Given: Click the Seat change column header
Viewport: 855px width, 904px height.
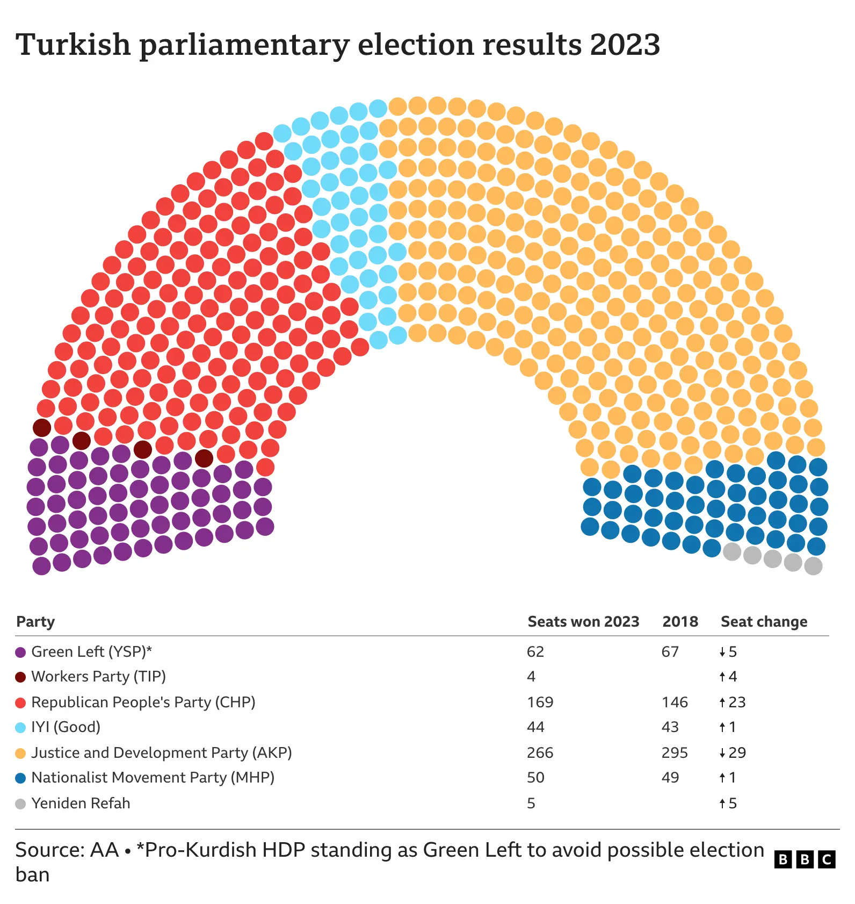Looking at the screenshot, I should click(x=763, y=621).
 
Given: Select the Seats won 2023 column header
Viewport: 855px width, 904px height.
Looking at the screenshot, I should click(x=583, y=621).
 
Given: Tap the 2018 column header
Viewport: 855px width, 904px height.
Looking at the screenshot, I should click(x=680, y=621).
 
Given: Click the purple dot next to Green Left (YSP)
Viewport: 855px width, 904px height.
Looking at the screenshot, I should click(x=20, y=652).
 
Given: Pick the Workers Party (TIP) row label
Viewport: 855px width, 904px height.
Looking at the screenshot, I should click(x=98, y=676).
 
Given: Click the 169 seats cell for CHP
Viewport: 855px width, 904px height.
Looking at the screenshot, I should click(x=540, y=702).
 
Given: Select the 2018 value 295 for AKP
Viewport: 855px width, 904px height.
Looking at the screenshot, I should click(x=675, y=752).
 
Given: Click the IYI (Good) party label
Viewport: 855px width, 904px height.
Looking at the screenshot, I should click(x=66, y=727).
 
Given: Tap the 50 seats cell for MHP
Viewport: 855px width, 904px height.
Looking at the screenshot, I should click(x=535, y=777).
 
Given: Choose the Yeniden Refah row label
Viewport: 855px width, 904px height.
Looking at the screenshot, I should click(x=81, y=803).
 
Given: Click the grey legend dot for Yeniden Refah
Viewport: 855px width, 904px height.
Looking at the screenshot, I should click(x=20, y=804).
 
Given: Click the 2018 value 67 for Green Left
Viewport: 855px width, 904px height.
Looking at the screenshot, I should click(x=670, y=651).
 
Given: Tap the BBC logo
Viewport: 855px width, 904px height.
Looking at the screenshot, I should click(x=805, y=859).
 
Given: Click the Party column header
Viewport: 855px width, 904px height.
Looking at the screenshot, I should click(x=35, y=621).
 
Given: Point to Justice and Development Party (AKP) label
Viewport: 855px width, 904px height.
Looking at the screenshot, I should click(x=161, y=752).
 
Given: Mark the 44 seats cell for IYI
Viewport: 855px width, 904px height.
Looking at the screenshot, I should click(x=535, y=727).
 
